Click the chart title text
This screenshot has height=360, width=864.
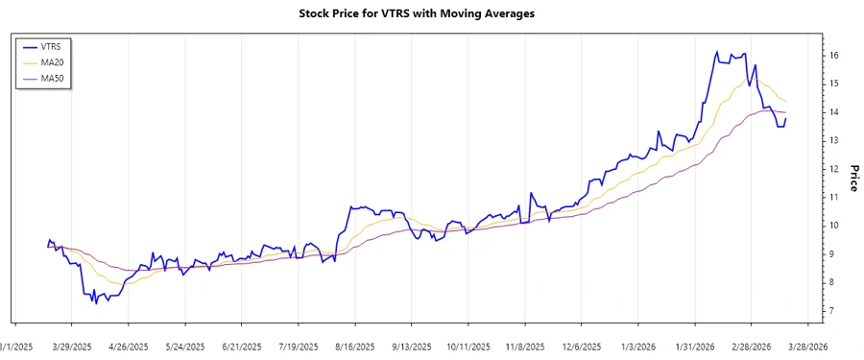[x=431, y=13]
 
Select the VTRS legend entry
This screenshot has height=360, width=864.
[x=60, y=46]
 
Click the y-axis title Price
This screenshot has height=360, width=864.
[x=852, y=178]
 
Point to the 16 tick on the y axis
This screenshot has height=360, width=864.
[x=835, y=56]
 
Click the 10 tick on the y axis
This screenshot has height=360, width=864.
[x=835, y=226]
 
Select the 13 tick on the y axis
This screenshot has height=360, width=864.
[x=835, y=140]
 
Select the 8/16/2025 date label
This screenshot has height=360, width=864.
[x=352, y=346]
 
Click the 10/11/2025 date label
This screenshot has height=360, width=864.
[x=466, y=346]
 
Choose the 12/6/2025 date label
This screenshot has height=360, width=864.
[x=579, y=346]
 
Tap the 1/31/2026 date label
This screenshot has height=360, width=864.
[x=692, y=346]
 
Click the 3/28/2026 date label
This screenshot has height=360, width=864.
[x=804, y=346]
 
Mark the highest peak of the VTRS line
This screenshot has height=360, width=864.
[x=716, y=52]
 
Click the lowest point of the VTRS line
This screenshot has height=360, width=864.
[x=93, y=302]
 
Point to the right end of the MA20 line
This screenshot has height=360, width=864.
[x=786, y=101]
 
